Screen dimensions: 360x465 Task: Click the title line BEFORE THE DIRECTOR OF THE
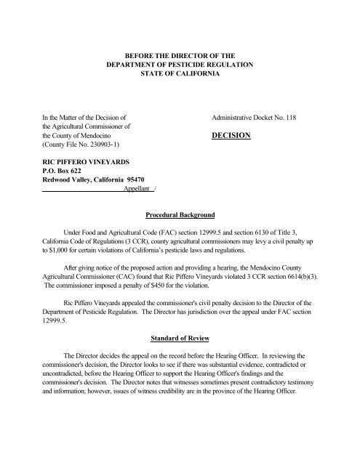point(180,54)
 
